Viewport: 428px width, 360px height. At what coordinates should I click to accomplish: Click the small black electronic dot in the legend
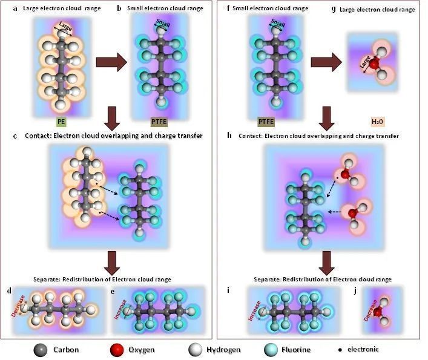click(x=340, y=350)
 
